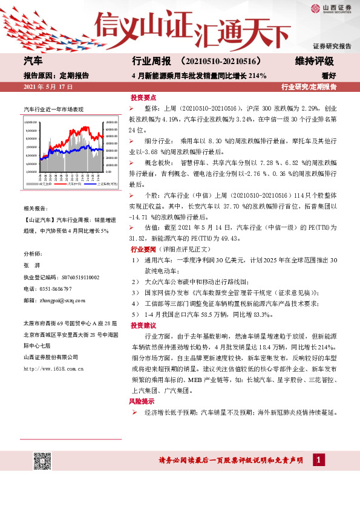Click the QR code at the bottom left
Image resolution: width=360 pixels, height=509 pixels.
click(42, 461)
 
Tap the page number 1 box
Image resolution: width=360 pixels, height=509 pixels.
click(316, 461)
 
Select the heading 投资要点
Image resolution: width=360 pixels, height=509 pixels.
click(143, 97)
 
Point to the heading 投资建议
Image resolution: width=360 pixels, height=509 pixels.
click(143, 325)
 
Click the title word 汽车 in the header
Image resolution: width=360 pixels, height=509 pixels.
click(33, 62)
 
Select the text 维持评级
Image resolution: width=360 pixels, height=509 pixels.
click(315, 62)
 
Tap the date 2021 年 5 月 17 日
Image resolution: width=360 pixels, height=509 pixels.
click(48, 87)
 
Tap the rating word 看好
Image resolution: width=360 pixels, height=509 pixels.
click(329, 76)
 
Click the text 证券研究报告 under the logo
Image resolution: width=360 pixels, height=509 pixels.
click(332, 47)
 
